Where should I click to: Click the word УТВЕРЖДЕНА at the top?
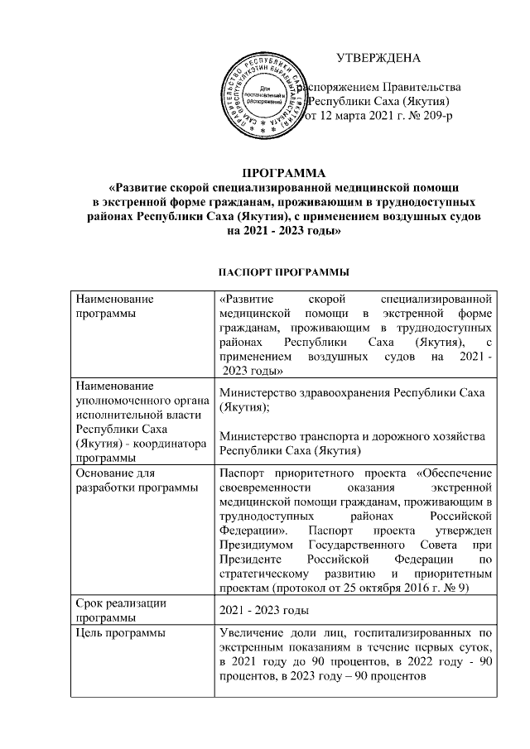tap(378, 58)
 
